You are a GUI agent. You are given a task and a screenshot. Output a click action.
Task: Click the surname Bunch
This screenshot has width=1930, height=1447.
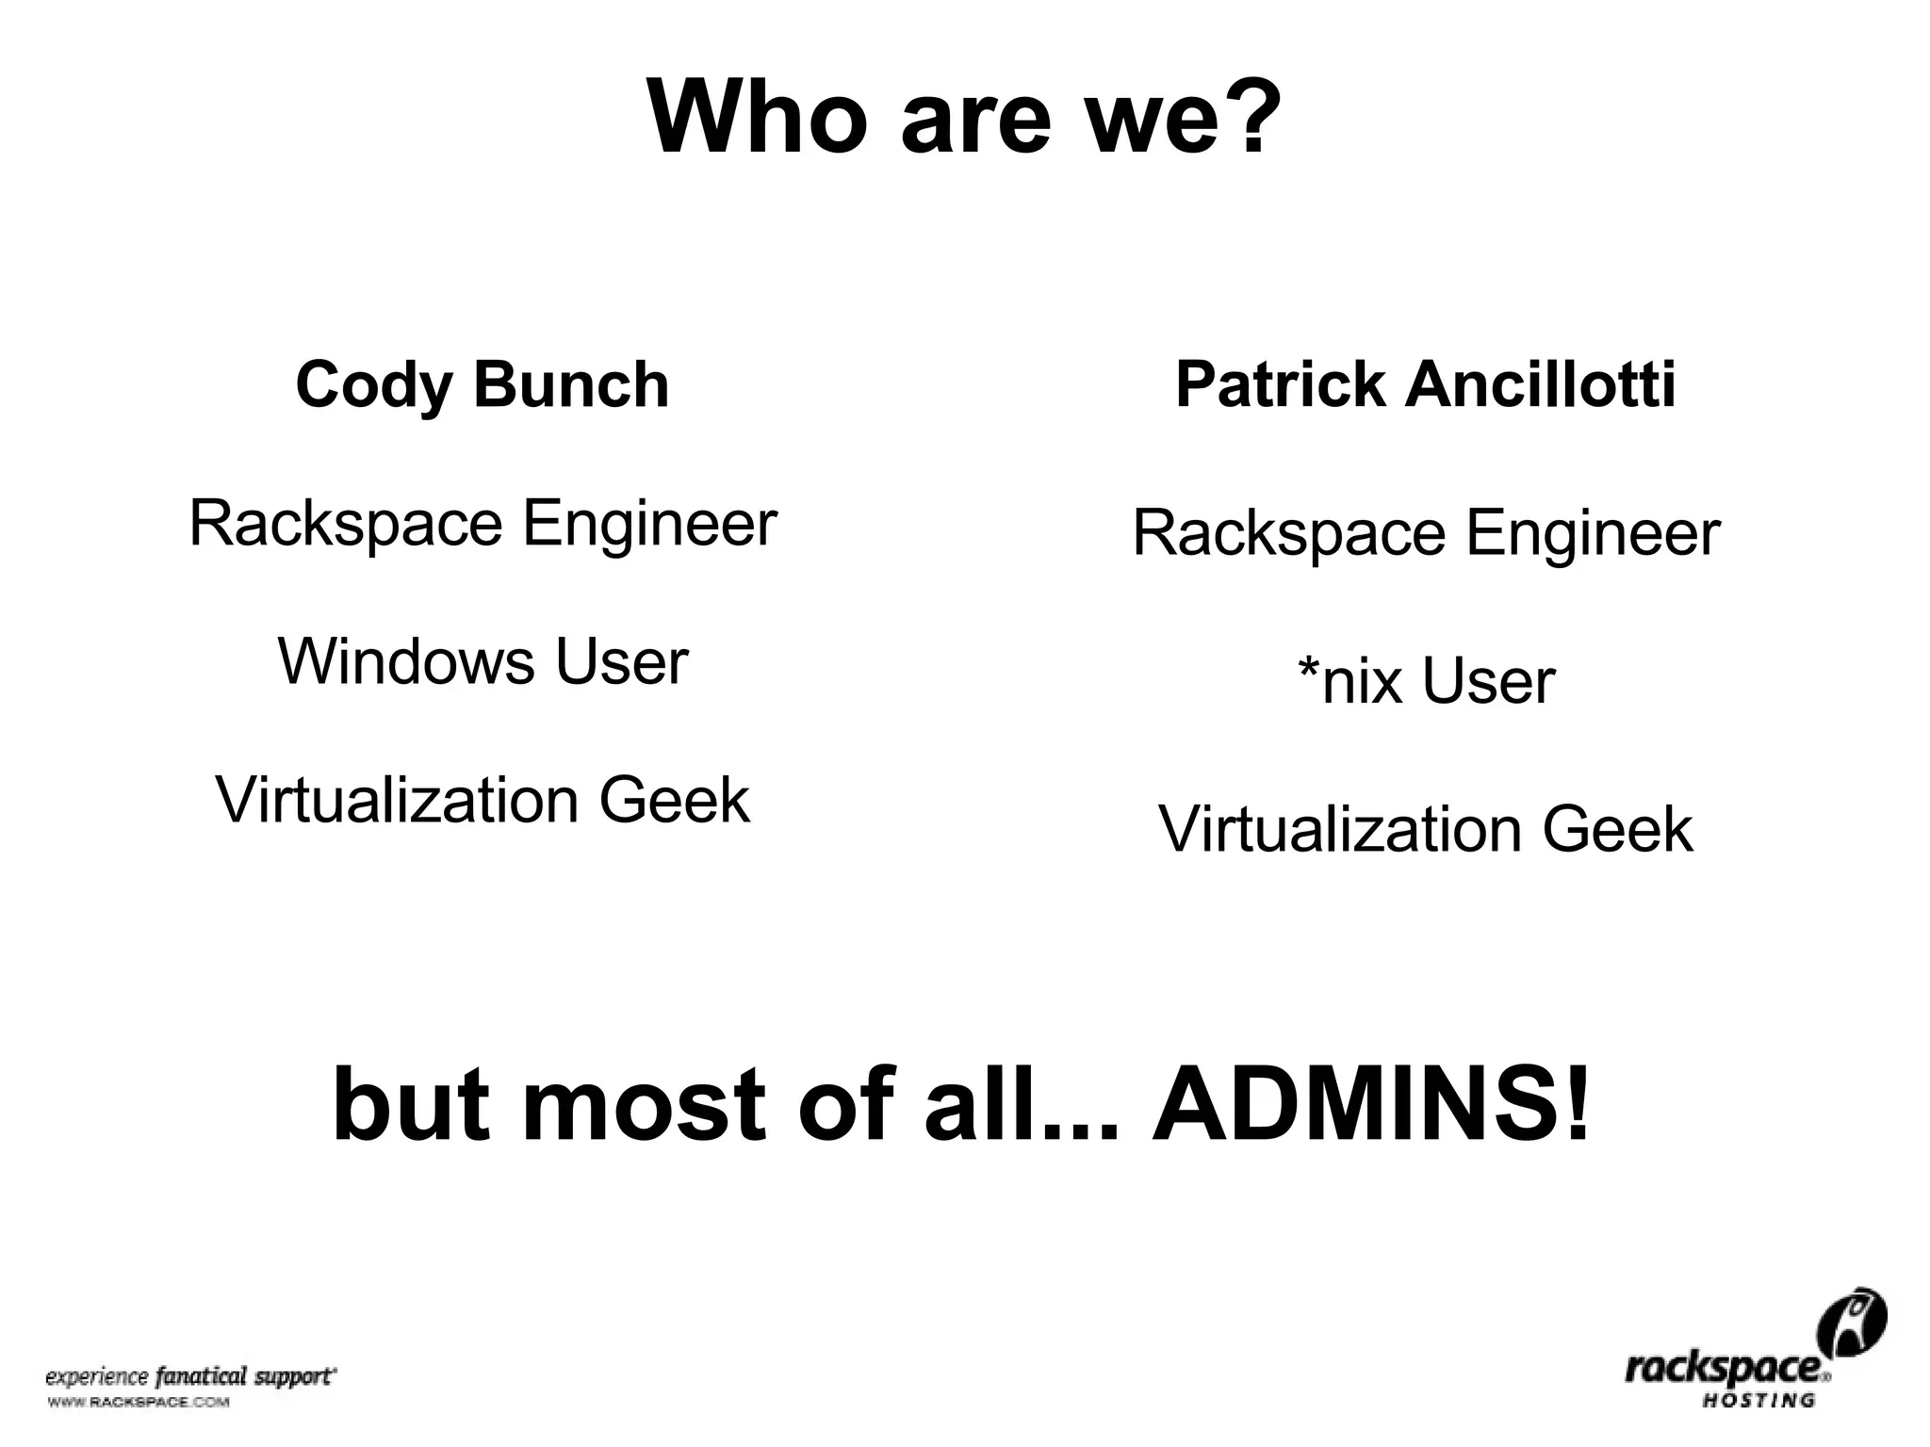[571, 385]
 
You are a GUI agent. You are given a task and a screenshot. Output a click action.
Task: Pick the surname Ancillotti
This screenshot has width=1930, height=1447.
[1541, 385]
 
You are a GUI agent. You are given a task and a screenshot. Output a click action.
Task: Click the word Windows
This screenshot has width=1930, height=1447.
[406, 661]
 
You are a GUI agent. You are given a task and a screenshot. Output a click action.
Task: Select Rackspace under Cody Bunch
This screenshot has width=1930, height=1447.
[346, 524]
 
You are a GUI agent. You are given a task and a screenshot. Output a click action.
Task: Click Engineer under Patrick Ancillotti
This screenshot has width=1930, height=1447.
[1593, 533]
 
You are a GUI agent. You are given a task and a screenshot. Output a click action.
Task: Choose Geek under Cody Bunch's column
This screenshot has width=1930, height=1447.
[674, 801]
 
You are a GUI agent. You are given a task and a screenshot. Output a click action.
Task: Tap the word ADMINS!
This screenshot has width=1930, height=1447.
[1371, 1104]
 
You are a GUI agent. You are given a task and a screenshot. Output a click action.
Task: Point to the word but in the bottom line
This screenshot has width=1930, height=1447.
[408, 1104]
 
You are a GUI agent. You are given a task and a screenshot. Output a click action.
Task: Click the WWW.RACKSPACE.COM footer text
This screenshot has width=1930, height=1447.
[138, 1403]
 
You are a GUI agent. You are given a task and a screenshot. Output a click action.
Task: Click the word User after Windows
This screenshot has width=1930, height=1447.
[622, 661]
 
